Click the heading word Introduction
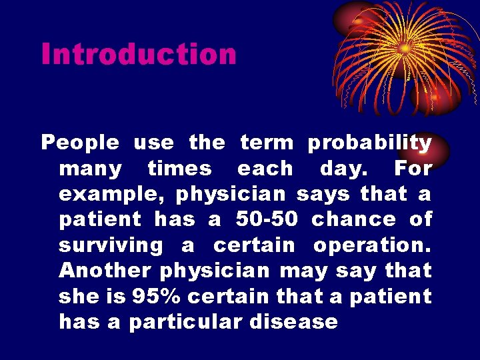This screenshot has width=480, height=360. click(x=139, y=54)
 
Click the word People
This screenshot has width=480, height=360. click(x=80, y=143)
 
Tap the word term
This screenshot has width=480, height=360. click(x=266, y=143)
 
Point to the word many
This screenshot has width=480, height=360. click(x=90, y=169)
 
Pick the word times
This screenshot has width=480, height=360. click(x=179, y=169)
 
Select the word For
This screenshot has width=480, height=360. click(x=413, y=169)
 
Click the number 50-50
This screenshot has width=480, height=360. click(x=267, y=219)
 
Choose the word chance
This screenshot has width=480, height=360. click(x=354, y=219)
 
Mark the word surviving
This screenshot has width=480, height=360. click(x=111, y=245)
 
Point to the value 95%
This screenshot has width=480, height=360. click(x=154, y=297)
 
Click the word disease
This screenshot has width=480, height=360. click(x=294, y=323)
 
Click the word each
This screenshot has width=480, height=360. click(x=265, y=169)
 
